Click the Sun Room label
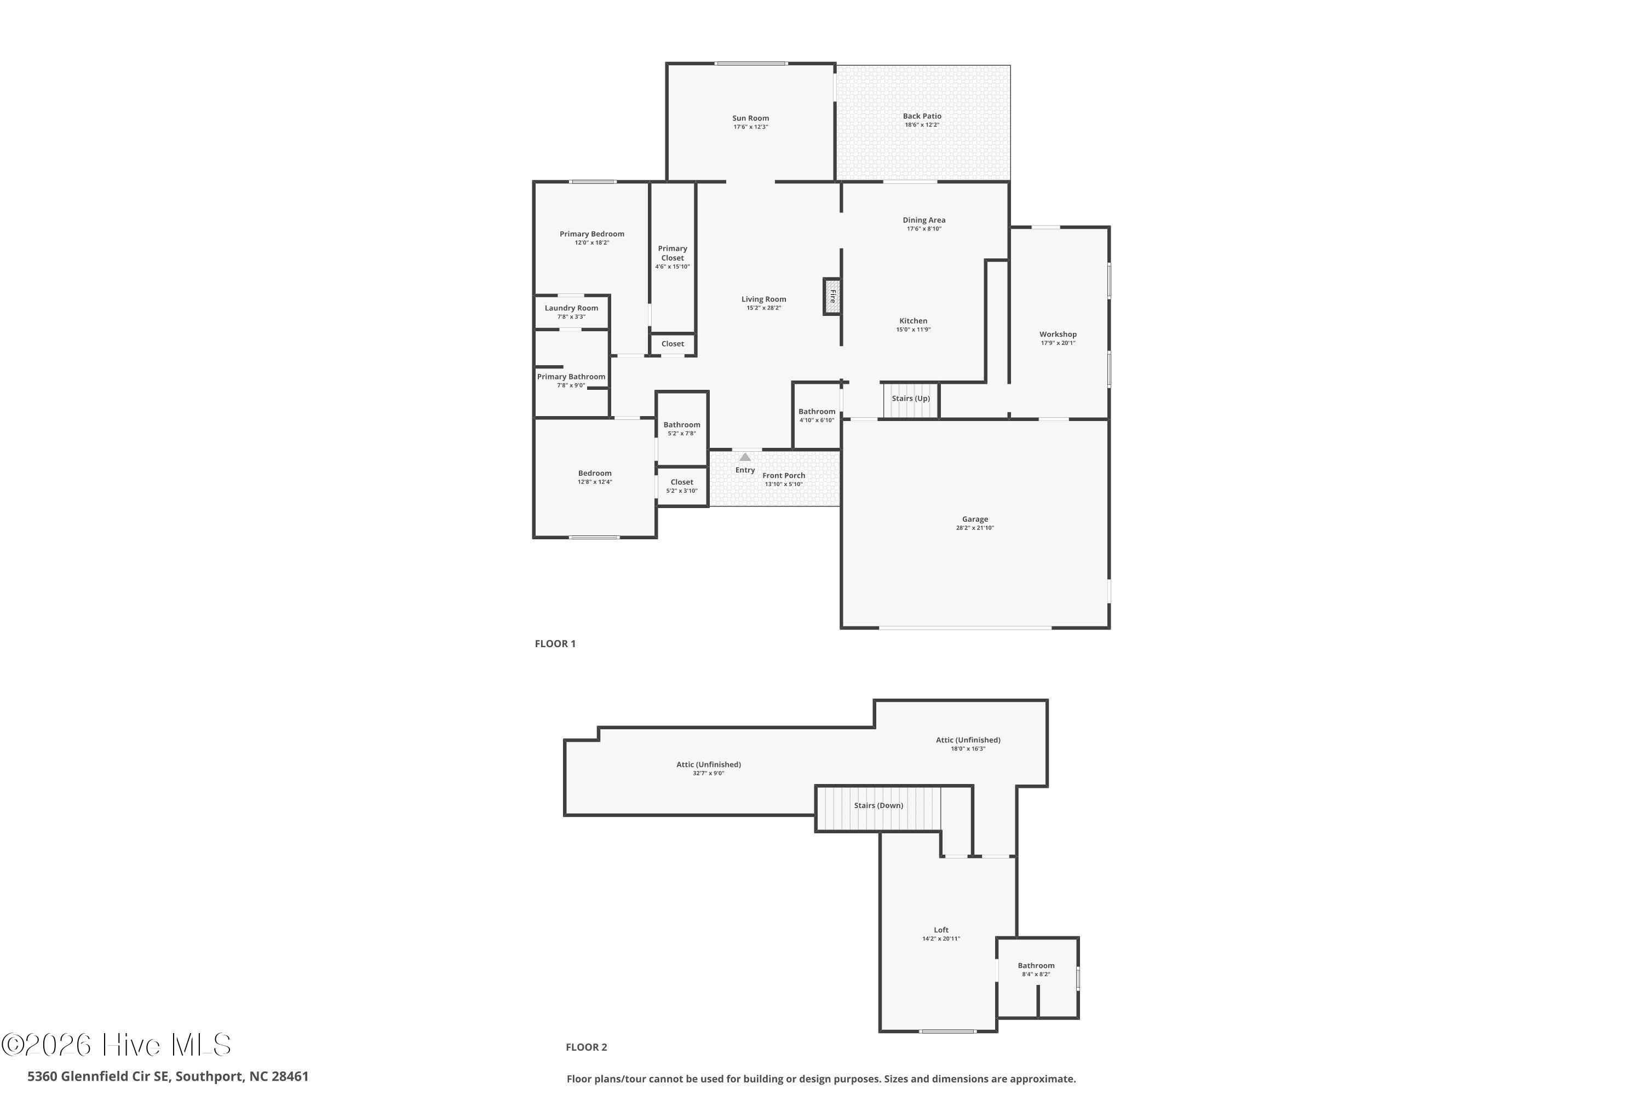(x=750, y=118)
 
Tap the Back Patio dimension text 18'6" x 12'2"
(x=922, y=125)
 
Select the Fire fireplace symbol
(x=832, y=296)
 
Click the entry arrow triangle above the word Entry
(x=745, y=457)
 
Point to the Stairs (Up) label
(x=910, y=398)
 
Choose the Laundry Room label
(x=571, y=308)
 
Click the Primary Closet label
(x=672, y=253)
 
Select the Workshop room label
(x=1058, y=334)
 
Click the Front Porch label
(x=783, y=476)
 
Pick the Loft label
(x=941, y=930)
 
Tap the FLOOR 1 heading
(x=555, y=644)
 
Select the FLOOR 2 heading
(x=586, y=1047)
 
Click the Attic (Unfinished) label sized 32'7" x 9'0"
(x=708, y=765)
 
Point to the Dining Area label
(x=923, y=220)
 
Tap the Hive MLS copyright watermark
(x=116, y=1045)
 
